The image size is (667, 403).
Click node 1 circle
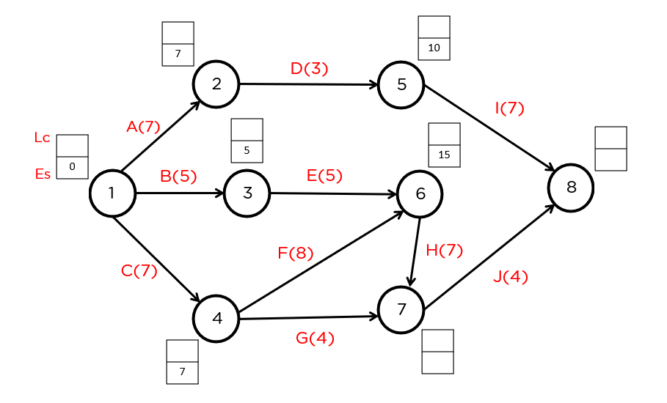(x=112, y=193)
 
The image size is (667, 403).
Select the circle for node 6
(x=420, y=194)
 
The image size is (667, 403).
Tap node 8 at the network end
(x=571, y=188)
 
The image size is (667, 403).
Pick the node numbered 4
(x=216, y=319)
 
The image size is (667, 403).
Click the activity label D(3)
(x=309, y=69)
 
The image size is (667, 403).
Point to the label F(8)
(x=296, y=254)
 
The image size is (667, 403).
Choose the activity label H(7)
(x=445, y=251)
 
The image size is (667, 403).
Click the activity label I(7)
(x=509, y=108)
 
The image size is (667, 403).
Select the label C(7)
(x=139, y=270)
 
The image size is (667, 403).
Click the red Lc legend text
(x=42, y=138)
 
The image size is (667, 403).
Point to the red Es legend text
(x=43, y=174)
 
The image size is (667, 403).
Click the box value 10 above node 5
(x=434, y=48)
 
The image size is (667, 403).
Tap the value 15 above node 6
(x=444, y=155)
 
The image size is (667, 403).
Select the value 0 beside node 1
(x=72, y=167)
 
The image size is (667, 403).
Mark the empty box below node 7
(x=437, y=352)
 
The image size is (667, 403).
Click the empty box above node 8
(x=610, y=149)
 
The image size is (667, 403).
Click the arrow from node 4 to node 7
(x=308, y=318)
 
